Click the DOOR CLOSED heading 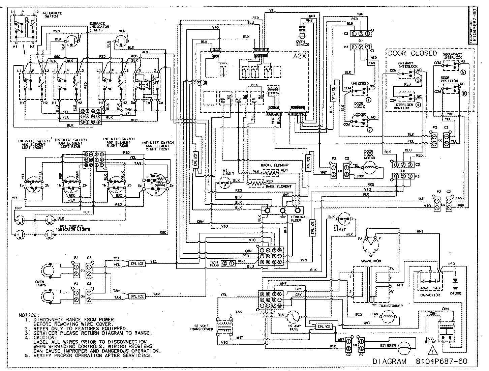click(412, 53)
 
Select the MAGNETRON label click(370, 261)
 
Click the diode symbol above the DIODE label click(456, 281)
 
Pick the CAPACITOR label click(430, 294)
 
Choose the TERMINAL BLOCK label click(299, 219)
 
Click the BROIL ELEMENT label click(275, 165)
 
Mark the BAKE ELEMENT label click(279, 186)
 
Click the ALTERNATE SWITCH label click(53, 15)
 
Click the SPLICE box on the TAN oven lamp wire click(137, 296)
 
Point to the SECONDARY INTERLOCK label click(452, 56)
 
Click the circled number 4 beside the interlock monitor click(418, 104)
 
